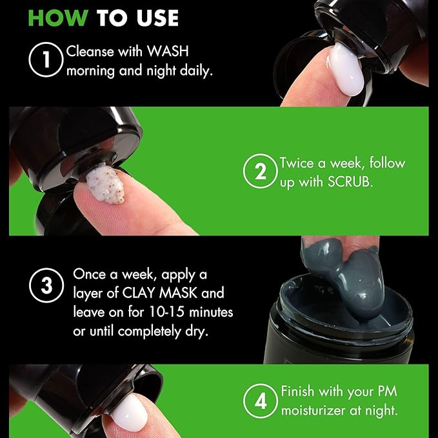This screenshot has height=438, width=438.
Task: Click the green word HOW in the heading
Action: click(58, 18)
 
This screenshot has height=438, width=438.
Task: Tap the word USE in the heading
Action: click(157, 18)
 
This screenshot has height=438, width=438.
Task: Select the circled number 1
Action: click(46, 59)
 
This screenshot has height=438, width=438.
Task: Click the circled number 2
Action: click(261, 171)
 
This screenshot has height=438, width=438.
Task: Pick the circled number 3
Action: click(46, 285)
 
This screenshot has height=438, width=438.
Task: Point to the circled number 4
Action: click(261, 401)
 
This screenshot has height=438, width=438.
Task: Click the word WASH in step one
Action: click(168, 52)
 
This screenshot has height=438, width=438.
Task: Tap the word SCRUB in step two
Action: click(350, 182)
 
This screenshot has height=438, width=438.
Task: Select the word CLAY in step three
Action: click(139, 293)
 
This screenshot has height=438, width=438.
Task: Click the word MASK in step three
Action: click(178, 293)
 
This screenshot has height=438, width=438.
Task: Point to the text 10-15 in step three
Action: click(167, 312)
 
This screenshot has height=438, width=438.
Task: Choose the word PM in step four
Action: click(388, 391)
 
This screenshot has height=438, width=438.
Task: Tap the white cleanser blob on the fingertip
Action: click(346, 70)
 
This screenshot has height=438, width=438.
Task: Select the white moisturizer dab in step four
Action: click(129, 412)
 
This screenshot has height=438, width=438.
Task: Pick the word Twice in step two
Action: click(297, 163)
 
